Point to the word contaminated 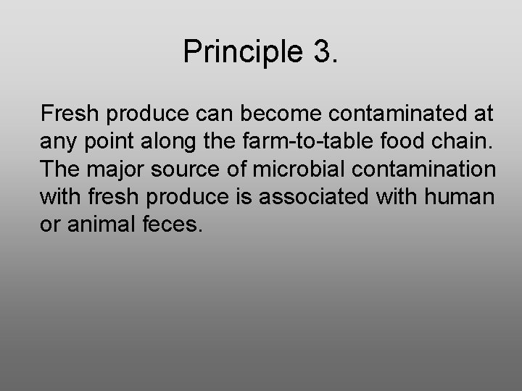tap(391, 114)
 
